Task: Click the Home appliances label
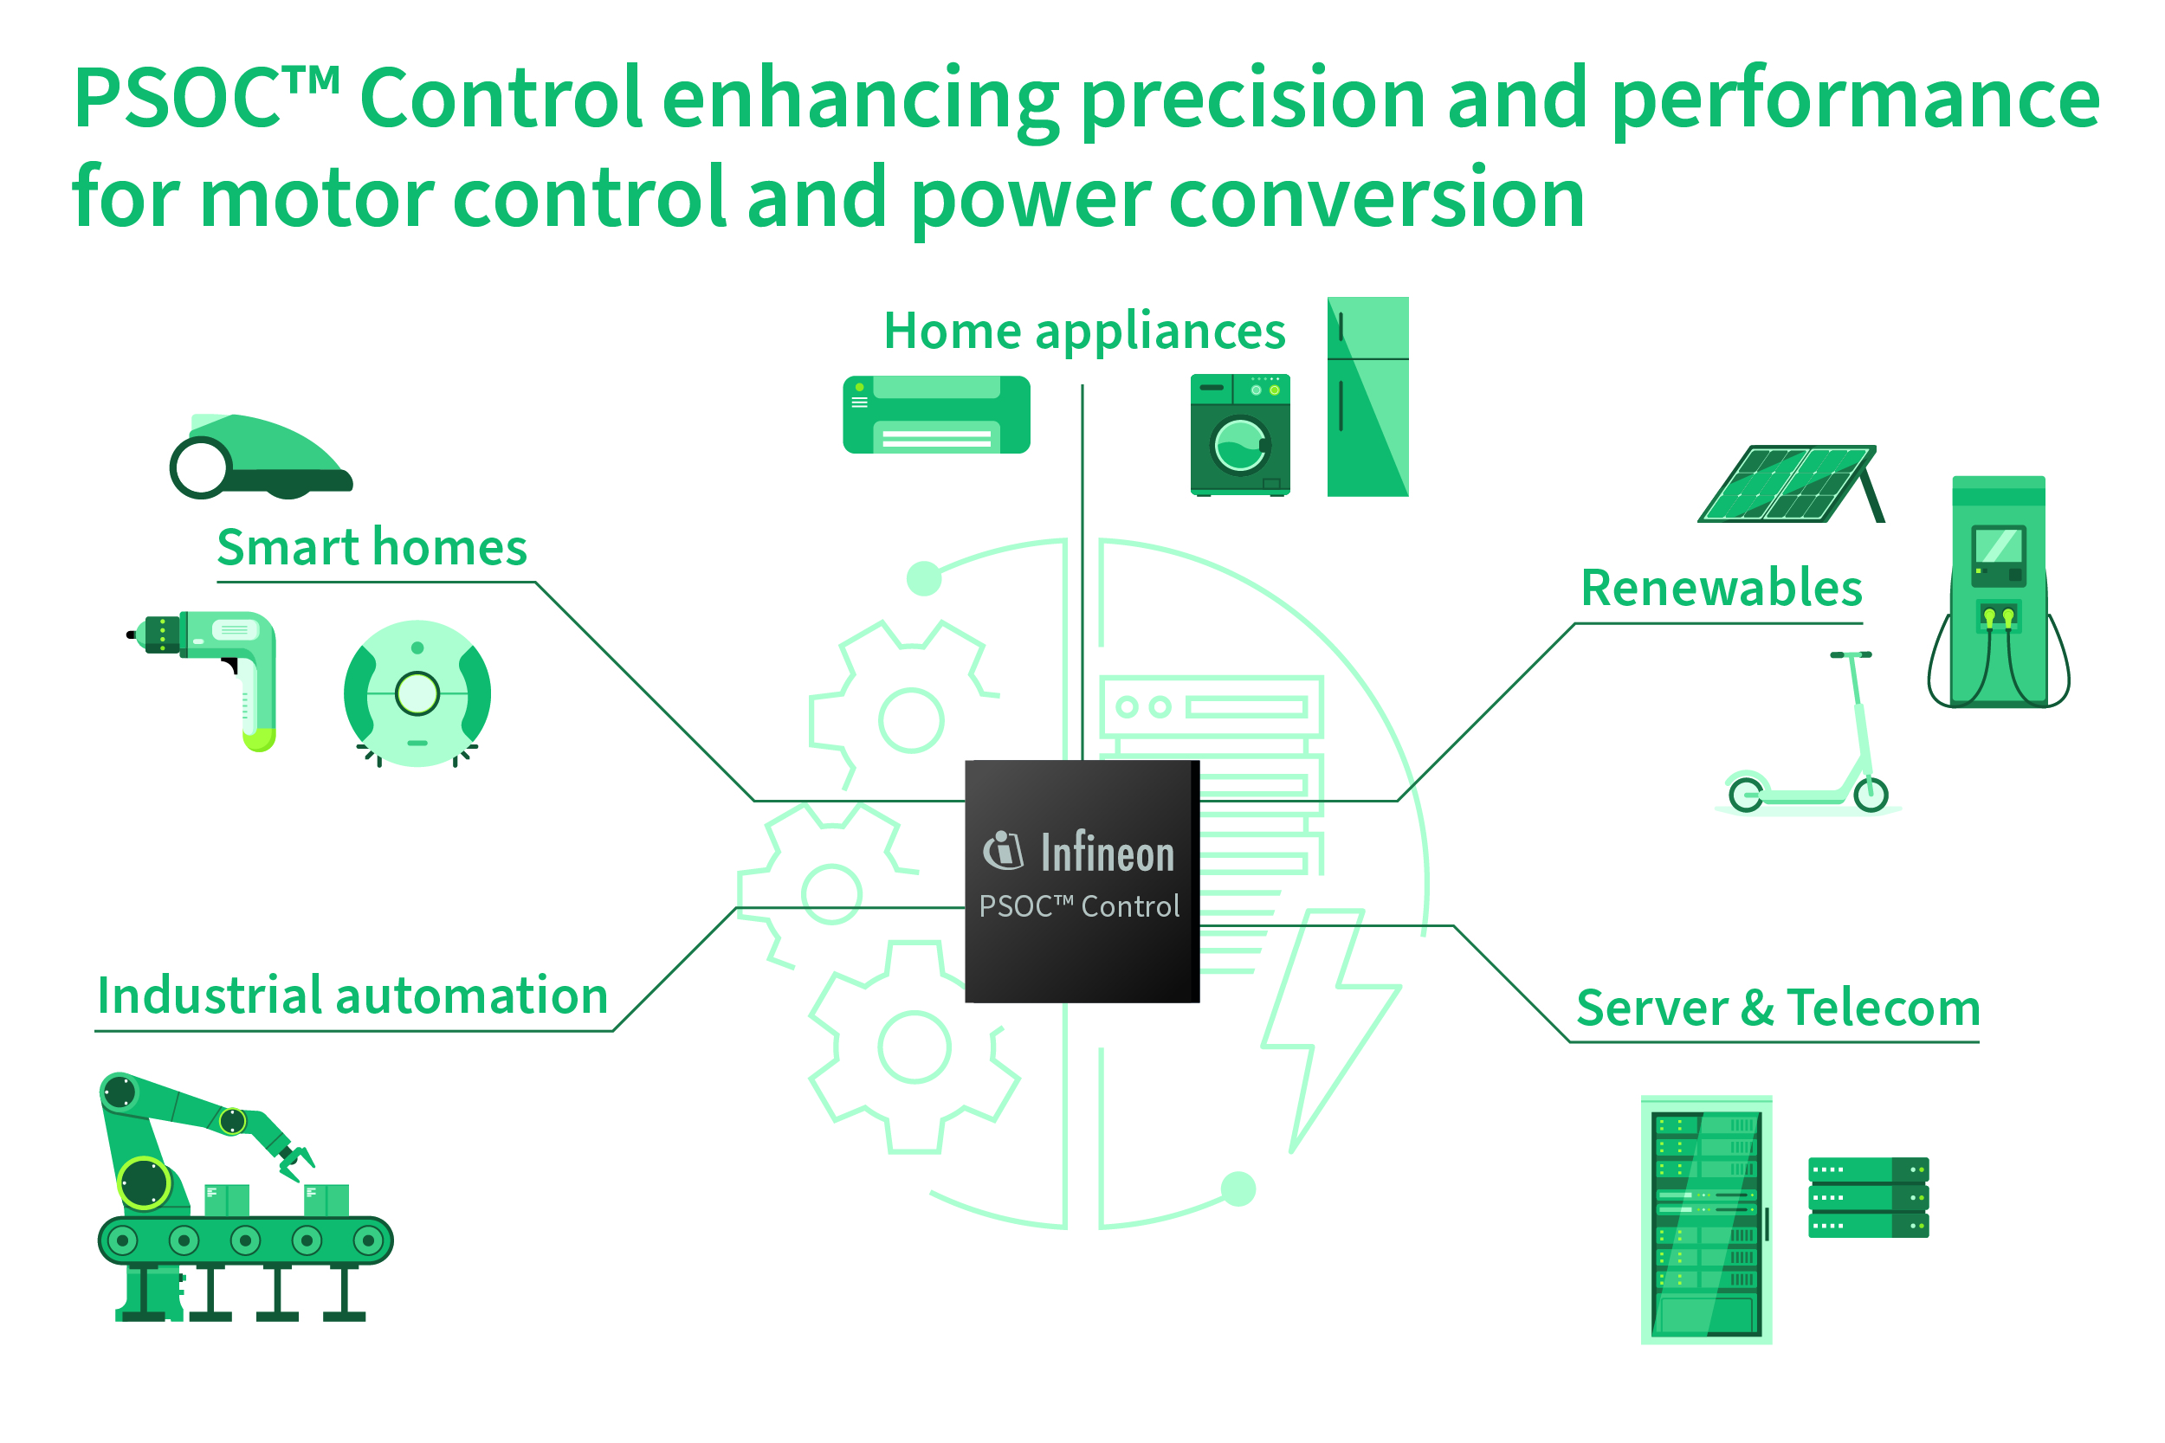tap(1083, 332)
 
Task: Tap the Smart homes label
tap(372, 549)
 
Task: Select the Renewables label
tap(1722, 589)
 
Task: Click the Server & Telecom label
tap(1779, 1008)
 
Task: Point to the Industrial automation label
tap(352, 996)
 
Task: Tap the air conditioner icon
tap(936, 414)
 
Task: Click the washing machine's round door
tap(1239, 446)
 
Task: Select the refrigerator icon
tap(1367, 396)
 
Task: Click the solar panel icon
tap(1786, 484)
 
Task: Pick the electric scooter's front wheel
tap(1871, 794)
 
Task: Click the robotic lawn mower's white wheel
tap(200, 468)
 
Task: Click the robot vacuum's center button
tap(417, 694)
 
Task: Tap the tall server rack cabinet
tap(1706, 1220)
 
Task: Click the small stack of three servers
tap(1868, 1197)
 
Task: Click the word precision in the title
tap(1252, 100)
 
